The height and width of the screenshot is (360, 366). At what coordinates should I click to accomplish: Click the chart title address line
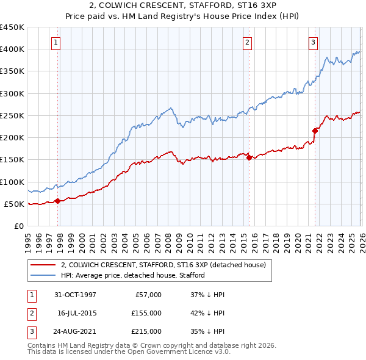pos(182,5)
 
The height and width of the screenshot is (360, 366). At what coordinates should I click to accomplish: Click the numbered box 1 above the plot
pos(56,42)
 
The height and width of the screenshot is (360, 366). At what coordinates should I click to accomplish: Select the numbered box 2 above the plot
pos(247,42)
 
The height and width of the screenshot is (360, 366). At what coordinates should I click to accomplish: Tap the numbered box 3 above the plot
pos(313,42)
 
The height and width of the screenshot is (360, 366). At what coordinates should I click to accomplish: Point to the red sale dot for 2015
pos(249,157)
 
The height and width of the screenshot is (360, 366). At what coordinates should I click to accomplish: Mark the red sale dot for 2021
pos(315,131)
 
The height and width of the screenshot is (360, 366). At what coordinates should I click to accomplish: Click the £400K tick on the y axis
pos(12,49)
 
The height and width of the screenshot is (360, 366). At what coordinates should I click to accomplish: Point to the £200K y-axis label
pos(12,138)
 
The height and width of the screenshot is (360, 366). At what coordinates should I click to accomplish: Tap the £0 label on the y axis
pos(20,226)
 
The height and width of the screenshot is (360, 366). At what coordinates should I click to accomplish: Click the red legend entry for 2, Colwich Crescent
pos(163,265)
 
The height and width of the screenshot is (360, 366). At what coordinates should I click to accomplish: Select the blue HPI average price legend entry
pos(132,275)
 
